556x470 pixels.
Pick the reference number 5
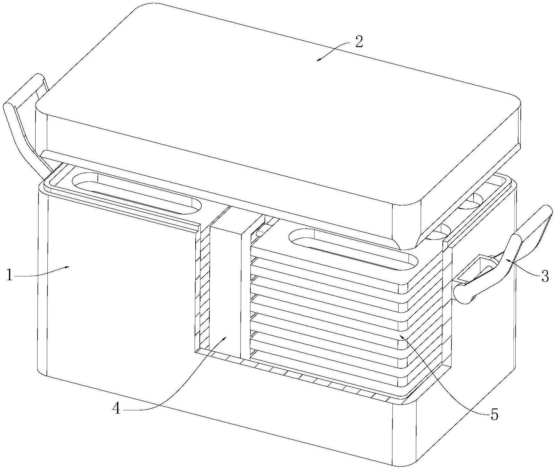(494, 424)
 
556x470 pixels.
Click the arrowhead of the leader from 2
(317, 60)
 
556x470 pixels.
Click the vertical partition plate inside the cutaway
(224, 289)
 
